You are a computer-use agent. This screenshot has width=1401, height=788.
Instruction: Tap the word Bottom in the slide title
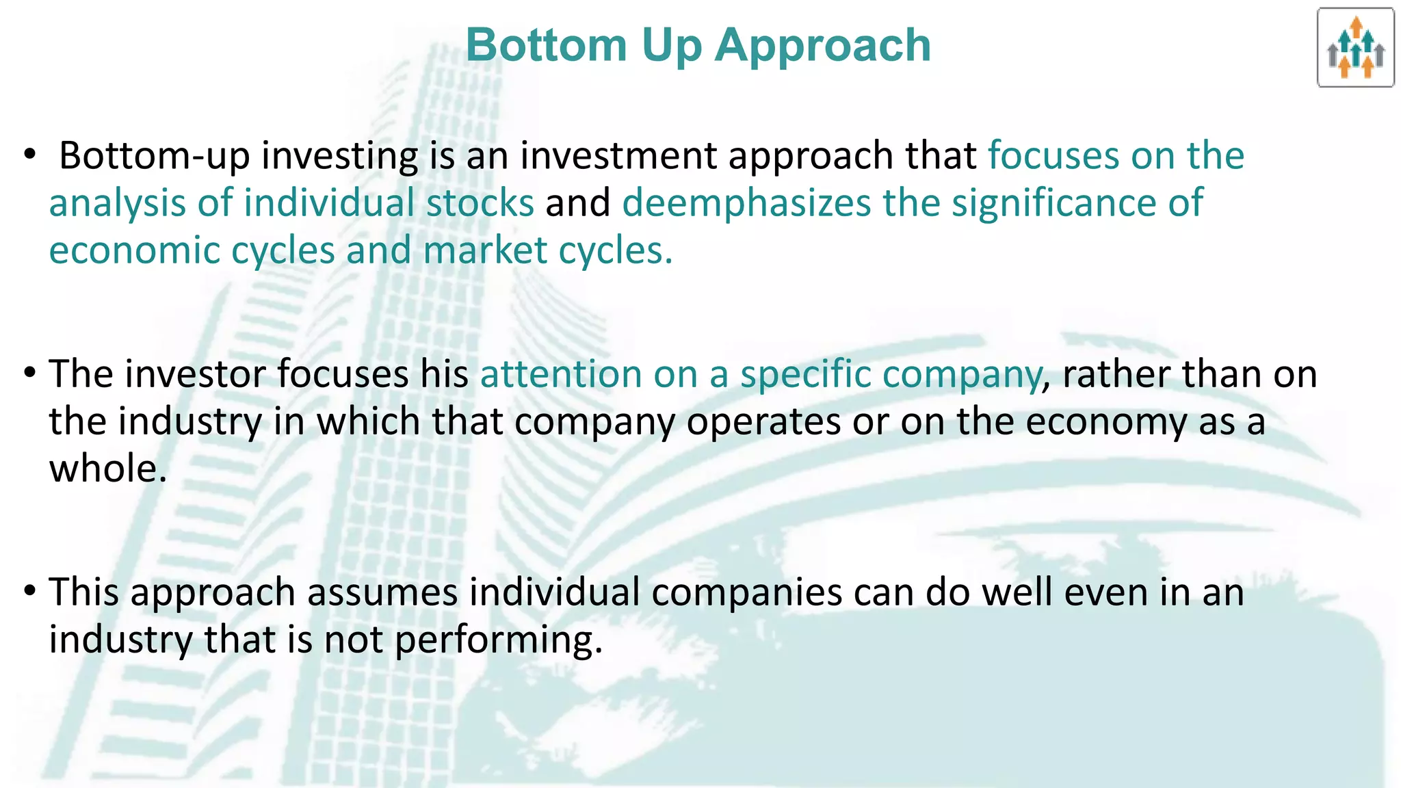(x=546, y=45)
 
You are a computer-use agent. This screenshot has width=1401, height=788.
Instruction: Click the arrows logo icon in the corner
(x=1355, y=48)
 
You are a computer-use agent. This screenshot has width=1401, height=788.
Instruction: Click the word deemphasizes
(x=746, y=203)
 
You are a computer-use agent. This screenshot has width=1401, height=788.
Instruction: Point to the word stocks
(x=480, y=203)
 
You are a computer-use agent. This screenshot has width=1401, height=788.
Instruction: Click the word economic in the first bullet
(x=134, y=250)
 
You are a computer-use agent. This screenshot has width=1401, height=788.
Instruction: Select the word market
(x=485, y=250)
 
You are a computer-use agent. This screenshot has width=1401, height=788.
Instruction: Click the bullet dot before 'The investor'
(x=29, y=373)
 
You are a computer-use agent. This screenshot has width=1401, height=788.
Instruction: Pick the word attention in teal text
(x=560, y=374)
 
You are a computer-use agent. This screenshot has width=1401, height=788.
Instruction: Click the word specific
(x=805, y=374)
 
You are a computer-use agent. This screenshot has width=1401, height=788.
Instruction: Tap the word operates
(x=763, y=421)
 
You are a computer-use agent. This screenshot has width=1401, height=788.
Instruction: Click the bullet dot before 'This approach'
(x=29, y=591)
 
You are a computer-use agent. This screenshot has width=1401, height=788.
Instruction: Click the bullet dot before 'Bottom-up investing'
(x=29, y=155)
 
